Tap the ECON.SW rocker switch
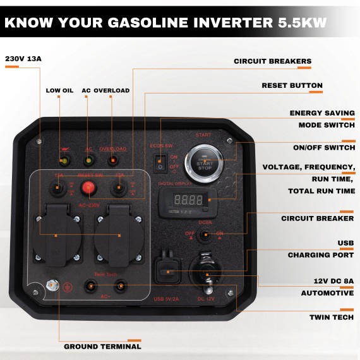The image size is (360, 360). tap(162, 162)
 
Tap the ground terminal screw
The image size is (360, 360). tap(52, 287)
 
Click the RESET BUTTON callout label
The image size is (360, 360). tap(292, 85)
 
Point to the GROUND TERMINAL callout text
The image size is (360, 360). tap(102, 346)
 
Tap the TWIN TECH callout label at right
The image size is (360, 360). tap(331, 317)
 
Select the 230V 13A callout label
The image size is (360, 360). tap(23, 59)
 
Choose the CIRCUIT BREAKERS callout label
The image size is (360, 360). tap(272, 61)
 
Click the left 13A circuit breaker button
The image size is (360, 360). tap(59, 187)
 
